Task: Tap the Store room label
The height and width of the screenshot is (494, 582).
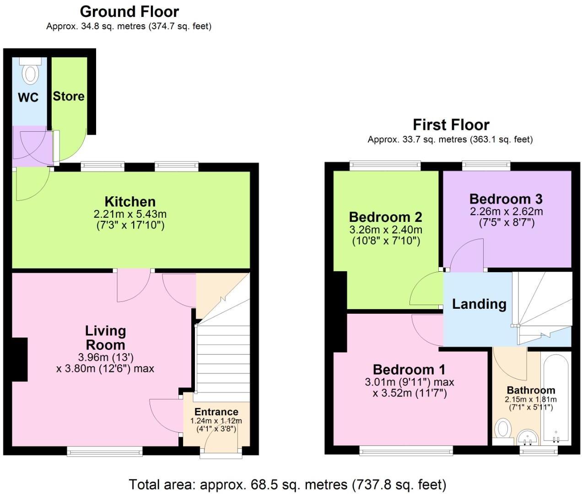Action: point(69,96)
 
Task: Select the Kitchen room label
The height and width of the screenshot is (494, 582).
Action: point(130,201)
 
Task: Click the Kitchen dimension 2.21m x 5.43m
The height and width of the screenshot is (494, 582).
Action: point(130,214)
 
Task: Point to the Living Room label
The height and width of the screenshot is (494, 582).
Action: point(105,338)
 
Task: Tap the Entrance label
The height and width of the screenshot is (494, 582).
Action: point(216,412)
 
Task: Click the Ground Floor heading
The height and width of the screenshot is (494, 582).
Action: point(129,11)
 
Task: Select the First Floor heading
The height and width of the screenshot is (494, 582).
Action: point(451,124)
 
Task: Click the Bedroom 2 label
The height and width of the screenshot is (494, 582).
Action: point(385,217)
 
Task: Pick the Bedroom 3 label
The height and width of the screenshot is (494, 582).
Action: point(506,199)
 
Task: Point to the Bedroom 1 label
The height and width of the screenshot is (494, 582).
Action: point(409,370)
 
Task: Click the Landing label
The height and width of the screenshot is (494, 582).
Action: point(479,304)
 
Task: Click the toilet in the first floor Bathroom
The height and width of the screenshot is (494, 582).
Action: point(503,429)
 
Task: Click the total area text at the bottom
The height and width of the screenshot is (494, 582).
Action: point(287,484)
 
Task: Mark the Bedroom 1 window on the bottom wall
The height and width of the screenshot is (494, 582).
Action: point(406,451)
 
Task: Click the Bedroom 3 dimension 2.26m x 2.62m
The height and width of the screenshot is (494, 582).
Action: point(506,211)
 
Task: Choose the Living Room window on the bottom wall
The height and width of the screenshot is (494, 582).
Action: point(105,452)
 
